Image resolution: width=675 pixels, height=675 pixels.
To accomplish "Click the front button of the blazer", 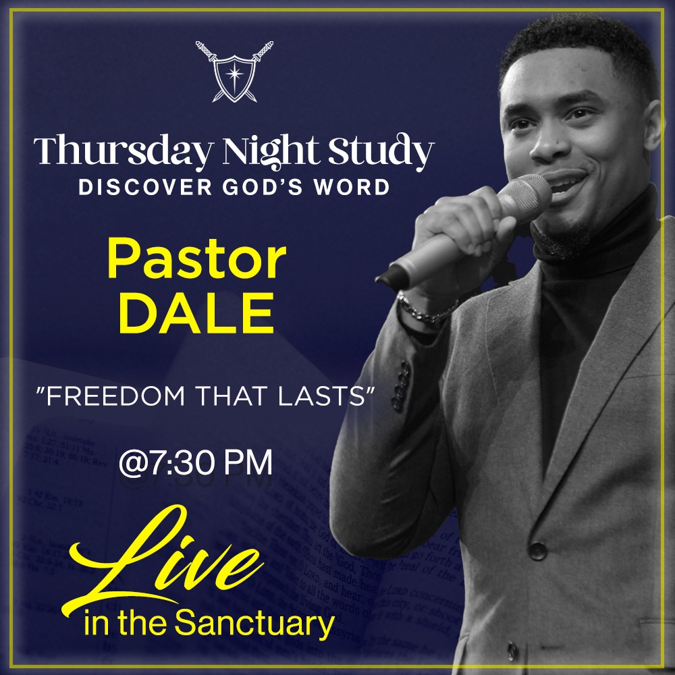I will [x=537, y=550].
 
